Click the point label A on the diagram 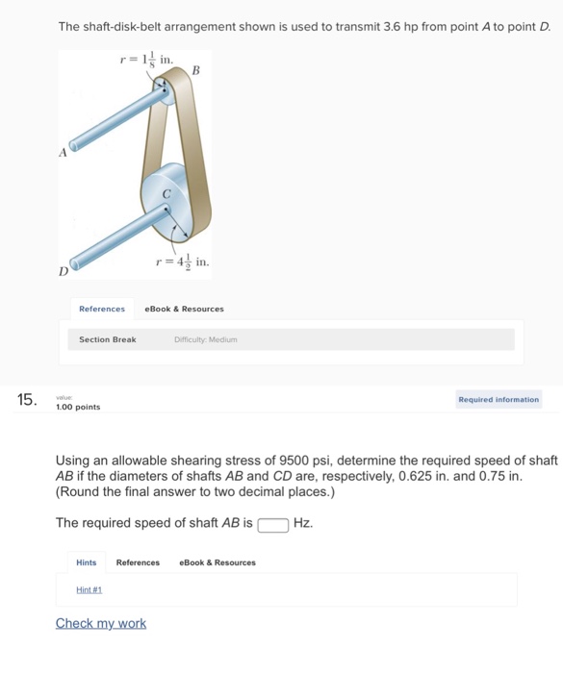tap(63, 152)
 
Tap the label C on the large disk tap(166, 193)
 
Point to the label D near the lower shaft tap(64, 272)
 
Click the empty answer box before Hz tap(273, 524)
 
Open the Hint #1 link tap(90, 590)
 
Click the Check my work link tap(101, 623)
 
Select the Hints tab tap(87, 562)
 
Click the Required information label tap(499, 399)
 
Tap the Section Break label tap(107, 339)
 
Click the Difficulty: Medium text tap(205, 339)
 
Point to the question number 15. tap(28, 400)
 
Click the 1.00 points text tap(78, 408)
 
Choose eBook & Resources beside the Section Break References tap(184, 309)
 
